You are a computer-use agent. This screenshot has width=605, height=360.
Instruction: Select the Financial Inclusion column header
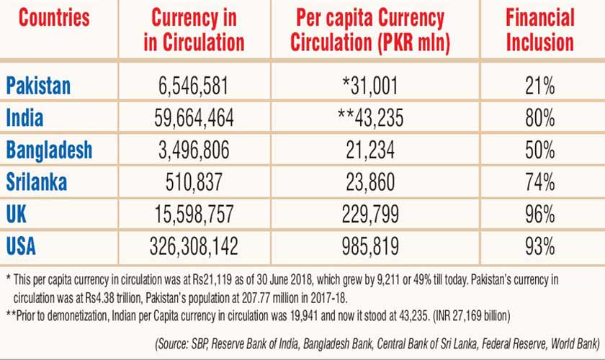click(539, 30)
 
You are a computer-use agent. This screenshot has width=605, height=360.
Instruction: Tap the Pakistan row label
click(39, 86)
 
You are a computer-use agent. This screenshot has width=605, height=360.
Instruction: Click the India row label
click(24, 117)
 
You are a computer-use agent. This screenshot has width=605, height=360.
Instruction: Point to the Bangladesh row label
click(50, 150)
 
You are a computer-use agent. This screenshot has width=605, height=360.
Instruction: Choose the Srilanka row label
click(37, 181)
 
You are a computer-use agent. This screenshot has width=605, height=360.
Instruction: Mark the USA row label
click(22, 246)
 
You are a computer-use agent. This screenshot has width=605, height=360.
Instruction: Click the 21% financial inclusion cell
click(539, 86)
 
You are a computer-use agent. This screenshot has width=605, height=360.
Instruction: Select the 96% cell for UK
click(539, 215)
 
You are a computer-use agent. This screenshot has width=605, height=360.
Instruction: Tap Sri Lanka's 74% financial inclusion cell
click(539, 182)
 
